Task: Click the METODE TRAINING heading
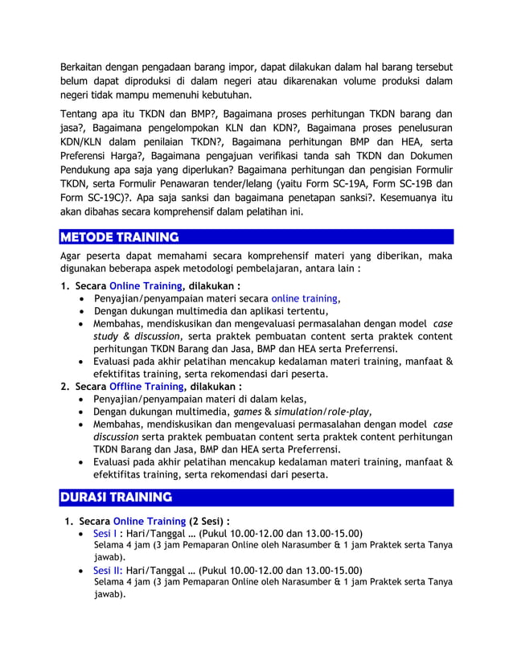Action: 120,237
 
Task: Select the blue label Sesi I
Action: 105,534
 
